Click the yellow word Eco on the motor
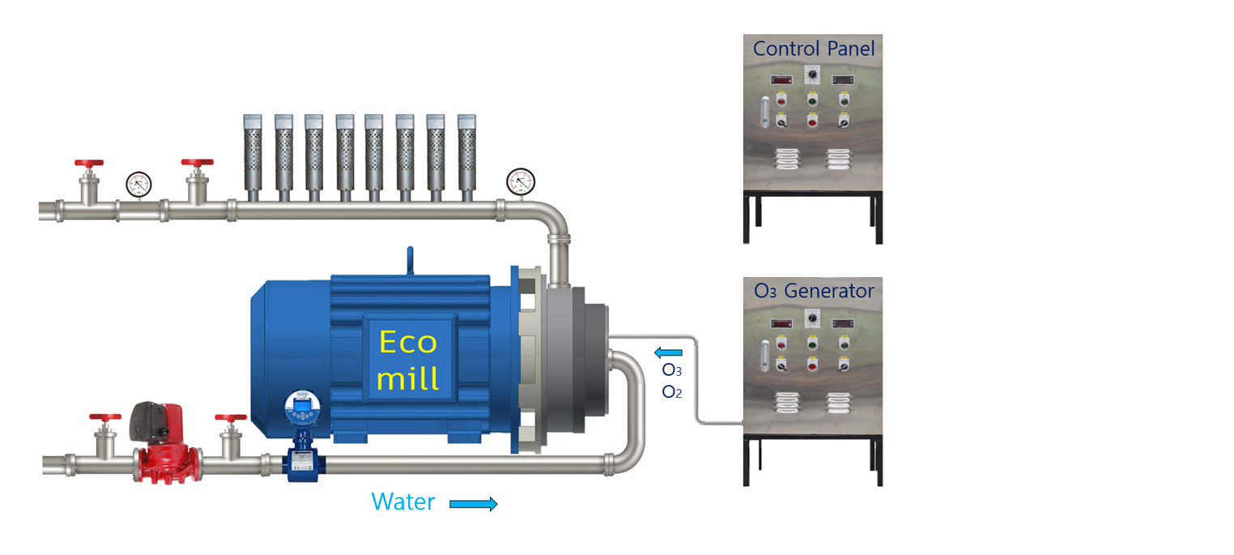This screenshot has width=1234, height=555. click(x=408, y=342)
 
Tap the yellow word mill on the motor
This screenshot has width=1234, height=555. click(x=408, y=378)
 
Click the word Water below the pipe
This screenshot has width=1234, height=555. click(x=402, y=502)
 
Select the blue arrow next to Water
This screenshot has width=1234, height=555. click(x=473, y=504)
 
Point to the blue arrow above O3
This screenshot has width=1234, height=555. click(x=669, y=352)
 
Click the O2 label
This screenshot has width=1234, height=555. click(x=671, y=392)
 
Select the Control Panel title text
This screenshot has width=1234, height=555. click(x=814, y=49)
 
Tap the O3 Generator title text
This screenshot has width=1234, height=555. click(x=814, y=290)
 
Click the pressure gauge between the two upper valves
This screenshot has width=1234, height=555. click(x=139, y=185)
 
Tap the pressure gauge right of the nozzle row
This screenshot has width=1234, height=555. click(x=520, y=181)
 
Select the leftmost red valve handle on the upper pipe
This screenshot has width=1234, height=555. click(x=89, y=163)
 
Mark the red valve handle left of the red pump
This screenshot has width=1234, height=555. click(x=105, y=417)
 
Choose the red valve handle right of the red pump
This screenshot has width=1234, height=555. click(x=231, y=417)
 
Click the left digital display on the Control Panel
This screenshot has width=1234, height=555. click(x=781, y=79)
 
